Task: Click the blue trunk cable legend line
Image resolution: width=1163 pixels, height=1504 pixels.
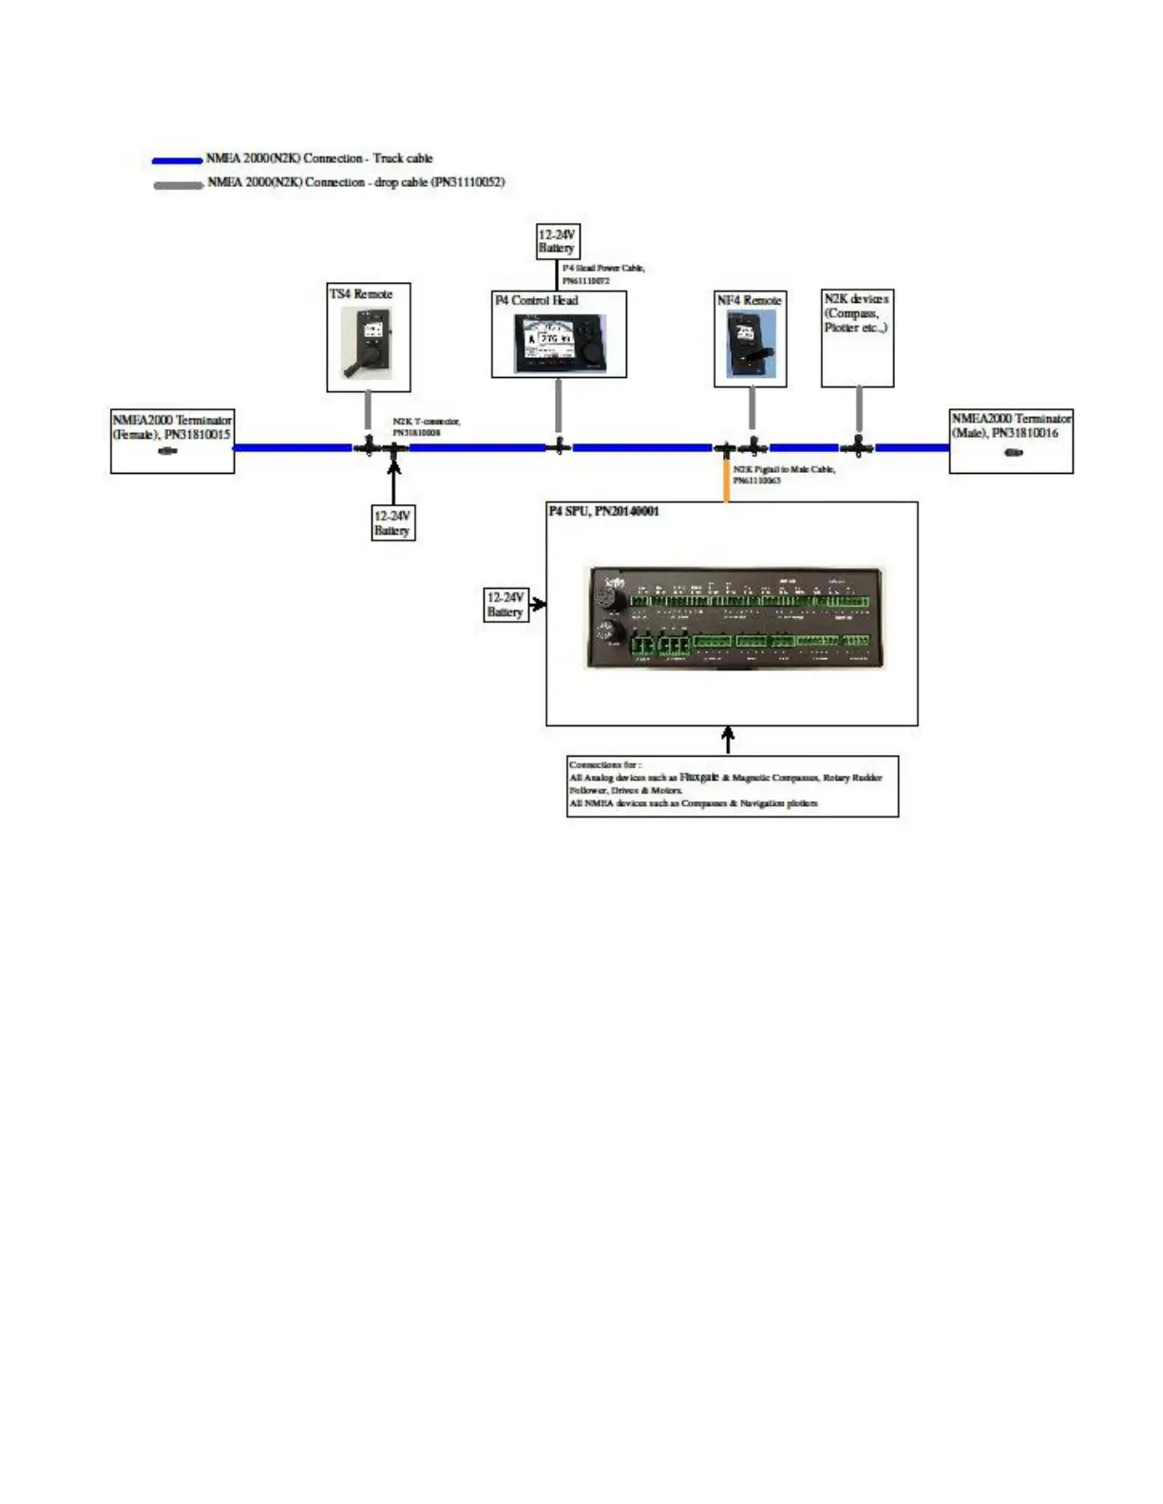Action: [178, 161]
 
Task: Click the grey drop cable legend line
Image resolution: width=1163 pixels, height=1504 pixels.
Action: [179, 185]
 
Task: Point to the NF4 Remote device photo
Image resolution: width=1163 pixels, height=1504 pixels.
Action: [751, 344]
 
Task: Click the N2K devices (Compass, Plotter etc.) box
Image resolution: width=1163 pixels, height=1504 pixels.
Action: [857, 339]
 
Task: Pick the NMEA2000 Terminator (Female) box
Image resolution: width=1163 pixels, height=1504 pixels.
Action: [172, 442]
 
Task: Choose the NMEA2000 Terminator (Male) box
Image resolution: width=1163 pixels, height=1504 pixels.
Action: [1011, 441]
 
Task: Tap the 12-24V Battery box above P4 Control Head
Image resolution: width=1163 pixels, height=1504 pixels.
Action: [557, 241]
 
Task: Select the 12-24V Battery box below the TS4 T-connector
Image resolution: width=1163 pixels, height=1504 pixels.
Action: [392, 523]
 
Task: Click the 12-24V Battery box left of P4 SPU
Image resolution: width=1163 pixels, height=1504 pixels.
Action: [505, 605]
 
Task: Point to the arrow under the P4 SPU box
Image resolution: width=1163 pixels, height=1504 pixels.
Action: [728, 740]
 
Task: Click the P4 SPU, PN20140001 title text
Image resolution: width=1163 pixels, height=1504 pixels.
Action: [604, 511]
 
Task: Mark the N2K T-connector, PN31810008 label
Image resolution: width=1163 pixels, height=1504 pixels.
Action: [426, 426]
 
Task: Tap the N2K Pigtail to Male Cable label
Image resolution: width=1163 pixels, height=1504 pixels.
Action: [784, 475]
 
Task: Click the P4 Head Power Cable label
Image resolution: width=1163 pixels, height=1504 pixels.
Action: [602, 273]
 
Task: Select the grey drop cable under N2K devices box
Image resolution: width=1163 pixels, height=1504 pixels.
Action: [859, 410]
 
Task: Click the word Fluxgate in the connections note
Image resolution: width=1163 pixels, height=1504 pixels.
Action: [698, 777]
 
